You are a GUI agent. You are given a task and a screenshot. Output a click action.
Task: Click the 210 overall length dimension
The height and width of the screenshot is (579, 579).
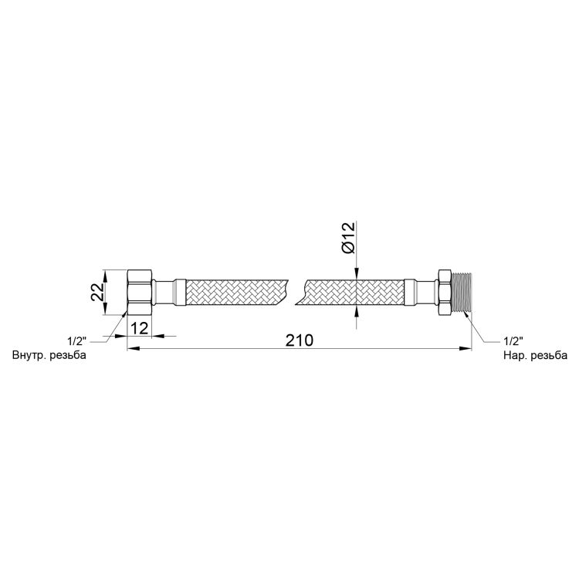click(x=299, y=340)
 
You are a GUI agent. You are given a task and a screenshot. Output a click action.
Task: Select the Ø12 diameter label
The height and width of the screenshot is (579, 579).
click(x=348, y=238)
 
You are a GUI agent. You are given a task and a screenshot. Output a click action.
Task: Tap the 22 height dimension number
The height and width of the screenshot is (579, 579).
click(x=97, y=292)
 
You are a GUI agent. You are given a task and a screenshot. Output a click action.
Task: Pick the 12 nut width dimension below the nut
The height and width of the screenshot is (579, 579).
click(x=140, y=328)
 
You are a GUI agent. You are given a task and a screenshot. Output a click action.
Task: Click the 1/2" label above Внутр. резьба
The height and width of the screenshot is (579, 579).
click(x=76, y=340)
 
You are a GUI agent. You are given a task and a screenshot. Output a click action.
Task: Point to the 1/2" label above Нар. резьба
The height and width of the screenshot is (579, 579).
click(x=513, y=340)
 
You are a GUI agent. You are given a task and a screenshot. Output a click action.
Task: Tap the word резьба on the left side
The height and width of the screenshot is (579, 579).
click(x=68, y=355)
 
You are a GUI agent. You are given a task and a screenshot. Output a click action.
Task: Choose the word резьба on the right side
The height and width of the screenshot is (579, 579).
click(x=549, y=355)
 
